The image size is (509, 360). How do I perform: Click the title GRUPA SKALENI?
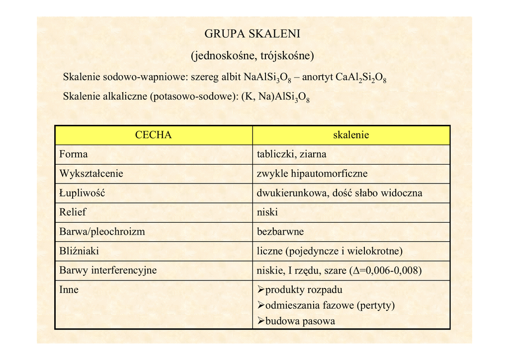pos(253,34)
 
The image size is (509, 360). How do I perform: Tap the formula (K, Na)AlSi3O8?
pos(275,97)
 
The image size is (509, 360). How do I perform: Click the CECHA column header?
pos(153,135)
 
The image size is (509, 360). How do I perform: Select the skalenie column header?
pos(351,135)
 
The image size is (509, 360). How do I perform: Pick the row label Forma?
pos(74,154)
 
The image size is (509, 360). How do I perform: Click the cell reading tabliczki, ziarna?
pos(291,154)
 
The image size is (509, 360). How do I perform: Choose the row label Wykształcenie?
pos(91,174)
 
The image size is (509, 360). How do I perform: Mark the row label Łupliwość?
pos(82,193)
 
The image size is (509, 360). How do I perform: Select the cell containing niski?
pos(267,212)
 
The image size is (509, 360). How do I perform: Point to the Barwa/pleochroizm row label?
pos(102,232)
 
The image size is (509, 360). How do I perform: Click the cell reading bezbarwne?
pos(280,232)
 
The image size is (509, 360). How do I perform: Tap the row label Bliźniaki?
pos(79,251)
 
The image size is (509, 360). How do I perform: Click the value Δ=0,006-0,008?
pos(386,270)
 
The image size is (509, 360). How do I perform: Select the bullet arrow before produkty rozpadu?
pos(260,290)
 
